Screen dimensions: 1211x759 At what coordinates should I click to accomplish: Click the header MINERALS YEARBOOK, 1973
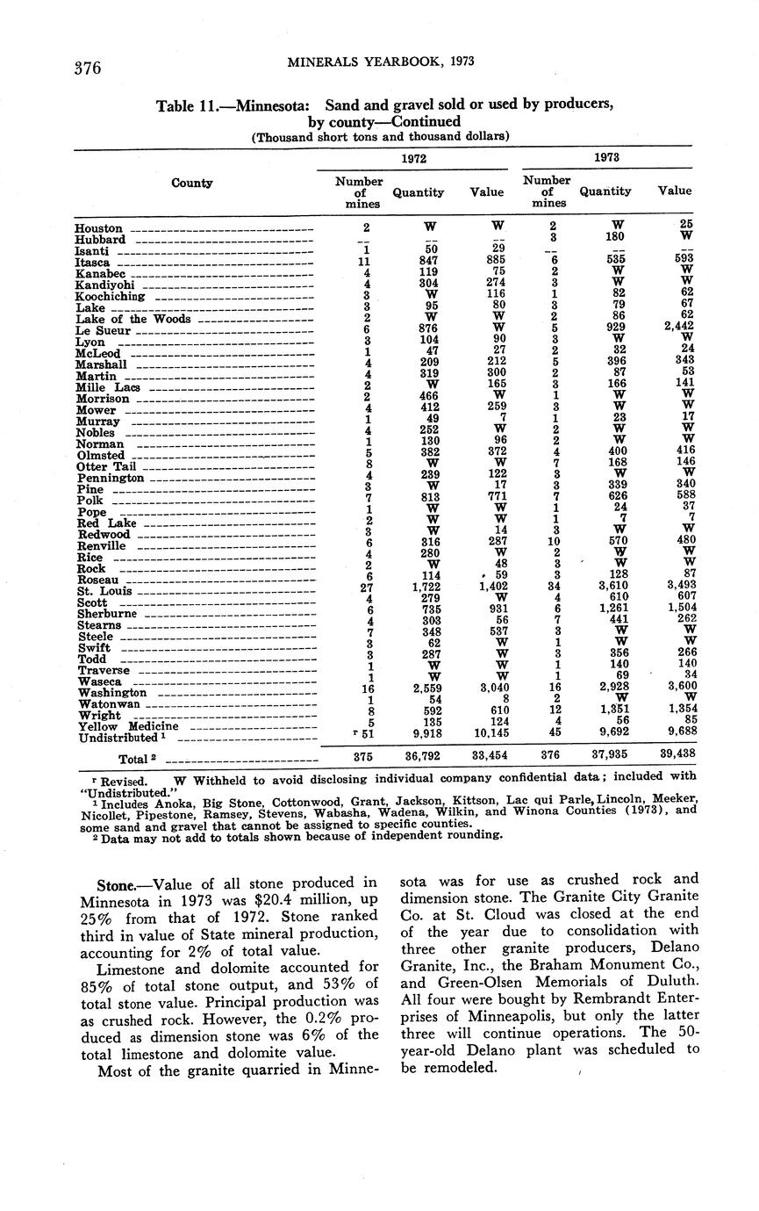380,61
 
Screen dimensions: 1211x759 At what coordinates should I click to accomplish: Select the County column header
192,183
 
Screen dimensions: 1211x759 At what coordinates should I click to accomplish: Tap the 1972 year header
412,158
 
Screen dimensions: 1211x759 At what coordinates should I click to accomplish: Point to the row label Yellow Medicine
128,726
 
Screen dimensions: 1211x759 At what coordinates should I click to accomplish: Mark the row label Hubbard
100,240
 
